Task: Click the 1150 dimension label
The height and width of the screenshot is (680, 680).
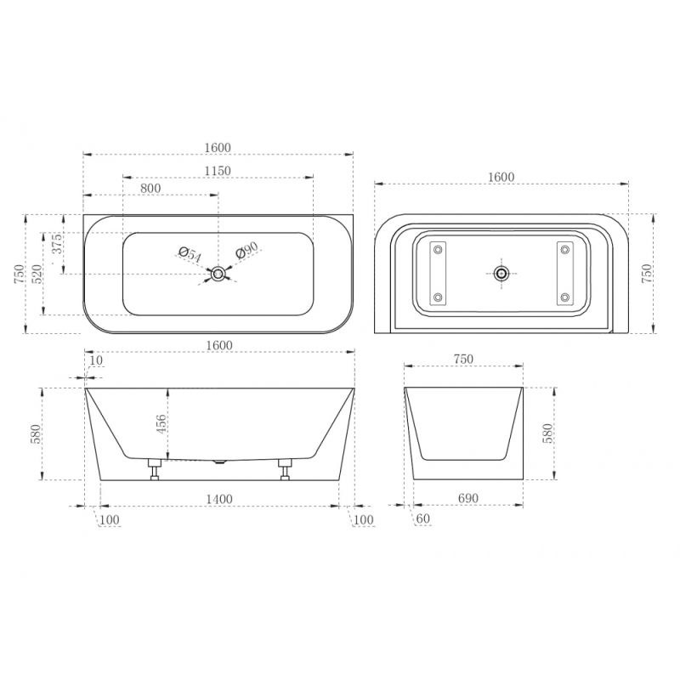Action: [218, 171]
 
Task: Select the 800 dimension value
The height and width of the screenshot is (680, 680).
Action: [150, 188]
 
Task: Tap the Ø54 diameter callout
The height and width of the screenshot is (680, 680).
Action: [190, 254]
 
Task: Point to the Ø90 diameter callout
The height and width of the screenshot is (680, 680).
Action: [246, 250]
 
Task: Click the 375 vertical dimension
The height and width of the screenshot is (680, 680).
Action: [57, 243]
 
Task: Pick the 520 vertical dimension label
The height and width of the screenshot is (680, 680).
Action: [37, 274]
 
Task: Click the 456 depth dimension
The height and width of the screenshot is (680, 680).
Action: [161, 424]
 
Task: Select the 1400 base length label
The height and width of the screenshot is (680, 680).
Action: [219, 499]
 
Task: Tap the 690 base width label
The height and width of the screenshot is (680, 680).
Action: [468, 498]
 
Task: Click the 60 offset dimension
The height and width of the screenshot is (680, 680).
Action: [422, 518]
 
